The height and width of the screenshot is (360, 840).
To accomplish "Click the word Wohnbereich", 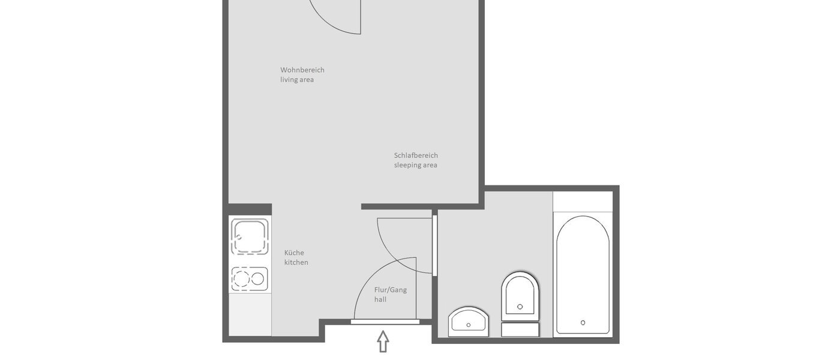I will (x=302, y=70).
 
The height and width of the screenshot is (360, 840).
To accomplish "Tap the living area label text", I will (x=297, y=80).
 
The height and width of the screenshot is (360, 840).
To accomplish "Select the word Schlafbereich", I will (x=416, y=155).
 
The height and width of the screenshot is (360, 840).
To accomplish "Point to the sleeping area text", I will (x=416, y=165).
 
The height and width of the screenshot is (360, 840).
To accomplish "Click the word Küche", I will (x=294, y=253).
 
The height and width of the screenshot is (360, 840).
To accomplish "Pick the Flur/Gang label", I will (x=391, y=290).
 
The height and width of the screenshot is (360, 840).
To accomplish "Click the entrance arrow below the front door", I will (x=383, y=341).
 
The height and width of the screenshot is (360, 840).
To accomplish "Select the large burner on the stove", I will (x=242, y=279).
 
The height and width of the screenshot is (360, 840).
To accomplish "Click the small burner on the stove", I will (x=258, y=278).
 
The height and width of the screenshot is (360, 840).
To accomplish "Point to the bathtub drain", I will (x=583, y=323).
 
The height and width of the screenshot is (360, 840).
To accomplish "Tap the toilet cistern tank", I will (x=520, y=329).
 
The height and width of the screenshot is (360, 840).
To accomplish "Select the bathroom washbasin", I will (x=469, y=322).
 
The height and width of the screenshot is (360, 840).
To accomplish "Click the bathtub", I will (x=583, y=273).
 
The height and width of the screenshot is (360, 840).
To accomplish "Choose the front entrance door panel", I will (x=385, y=322).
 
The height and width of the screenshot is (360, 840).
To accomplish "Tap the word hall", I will (x=380, y=299).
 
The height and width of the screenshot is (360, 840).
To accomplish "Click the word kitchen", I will (x=296, y=263).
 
